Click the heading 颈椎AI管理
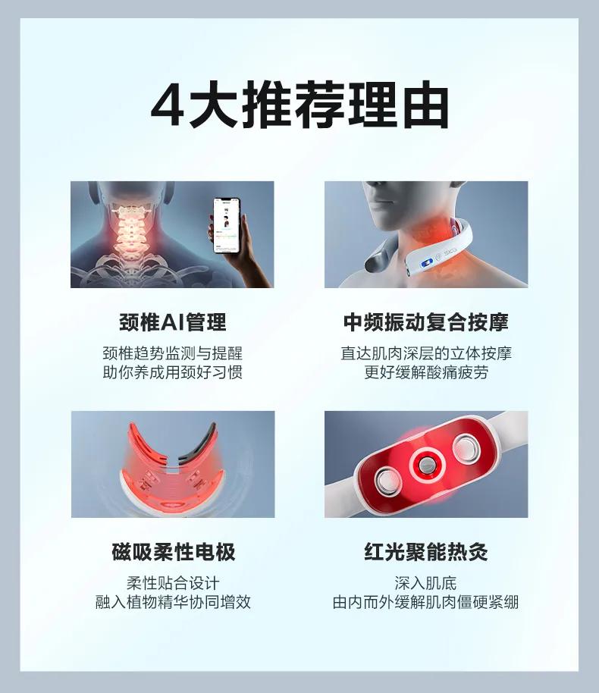point(172,322)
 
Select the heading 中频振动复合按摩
point(425,322)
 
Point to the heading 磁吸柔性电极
point(173,552)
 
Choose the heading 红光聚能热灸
point(425,552)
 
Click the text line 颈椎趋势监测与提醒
point(172,353)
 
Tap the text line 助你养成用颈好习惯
point(172,372)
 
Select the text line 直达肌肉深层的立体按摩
point(425,353)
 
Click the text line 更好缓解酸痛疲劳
point(425,372)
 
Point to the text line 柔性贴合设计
point(173,583)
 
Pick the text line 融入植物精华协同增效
point(173,602)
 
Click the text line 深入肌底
point(425,583)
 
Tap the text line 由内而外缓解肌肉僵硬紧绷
point(425,602)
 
